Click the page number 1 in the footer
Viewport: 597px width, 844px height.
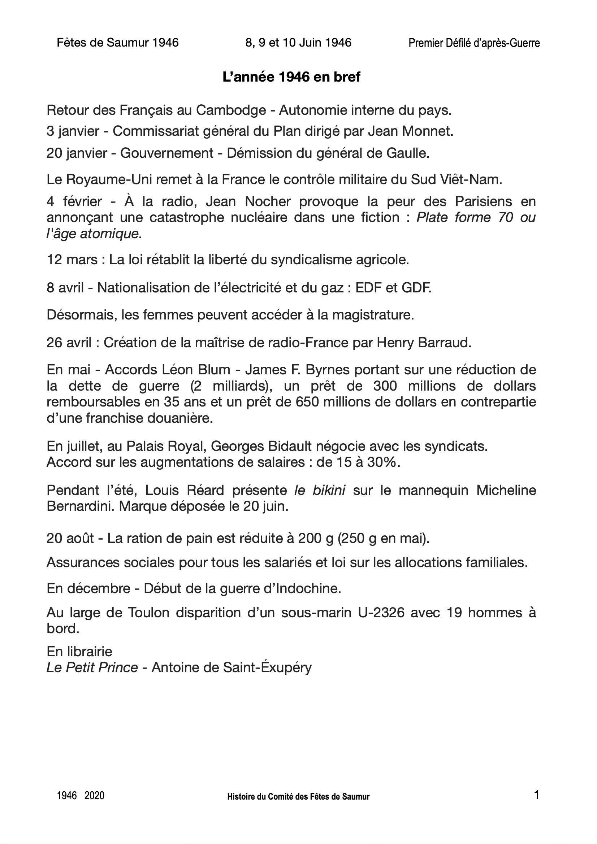coord(536,795)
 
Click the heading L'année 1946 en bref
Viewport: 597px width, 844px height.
coord(291,77)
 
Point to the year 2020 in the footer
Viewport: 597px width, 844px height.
coord(94,796)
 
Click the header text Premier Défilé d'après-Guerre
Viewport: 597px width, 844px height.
coord(474,43)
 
